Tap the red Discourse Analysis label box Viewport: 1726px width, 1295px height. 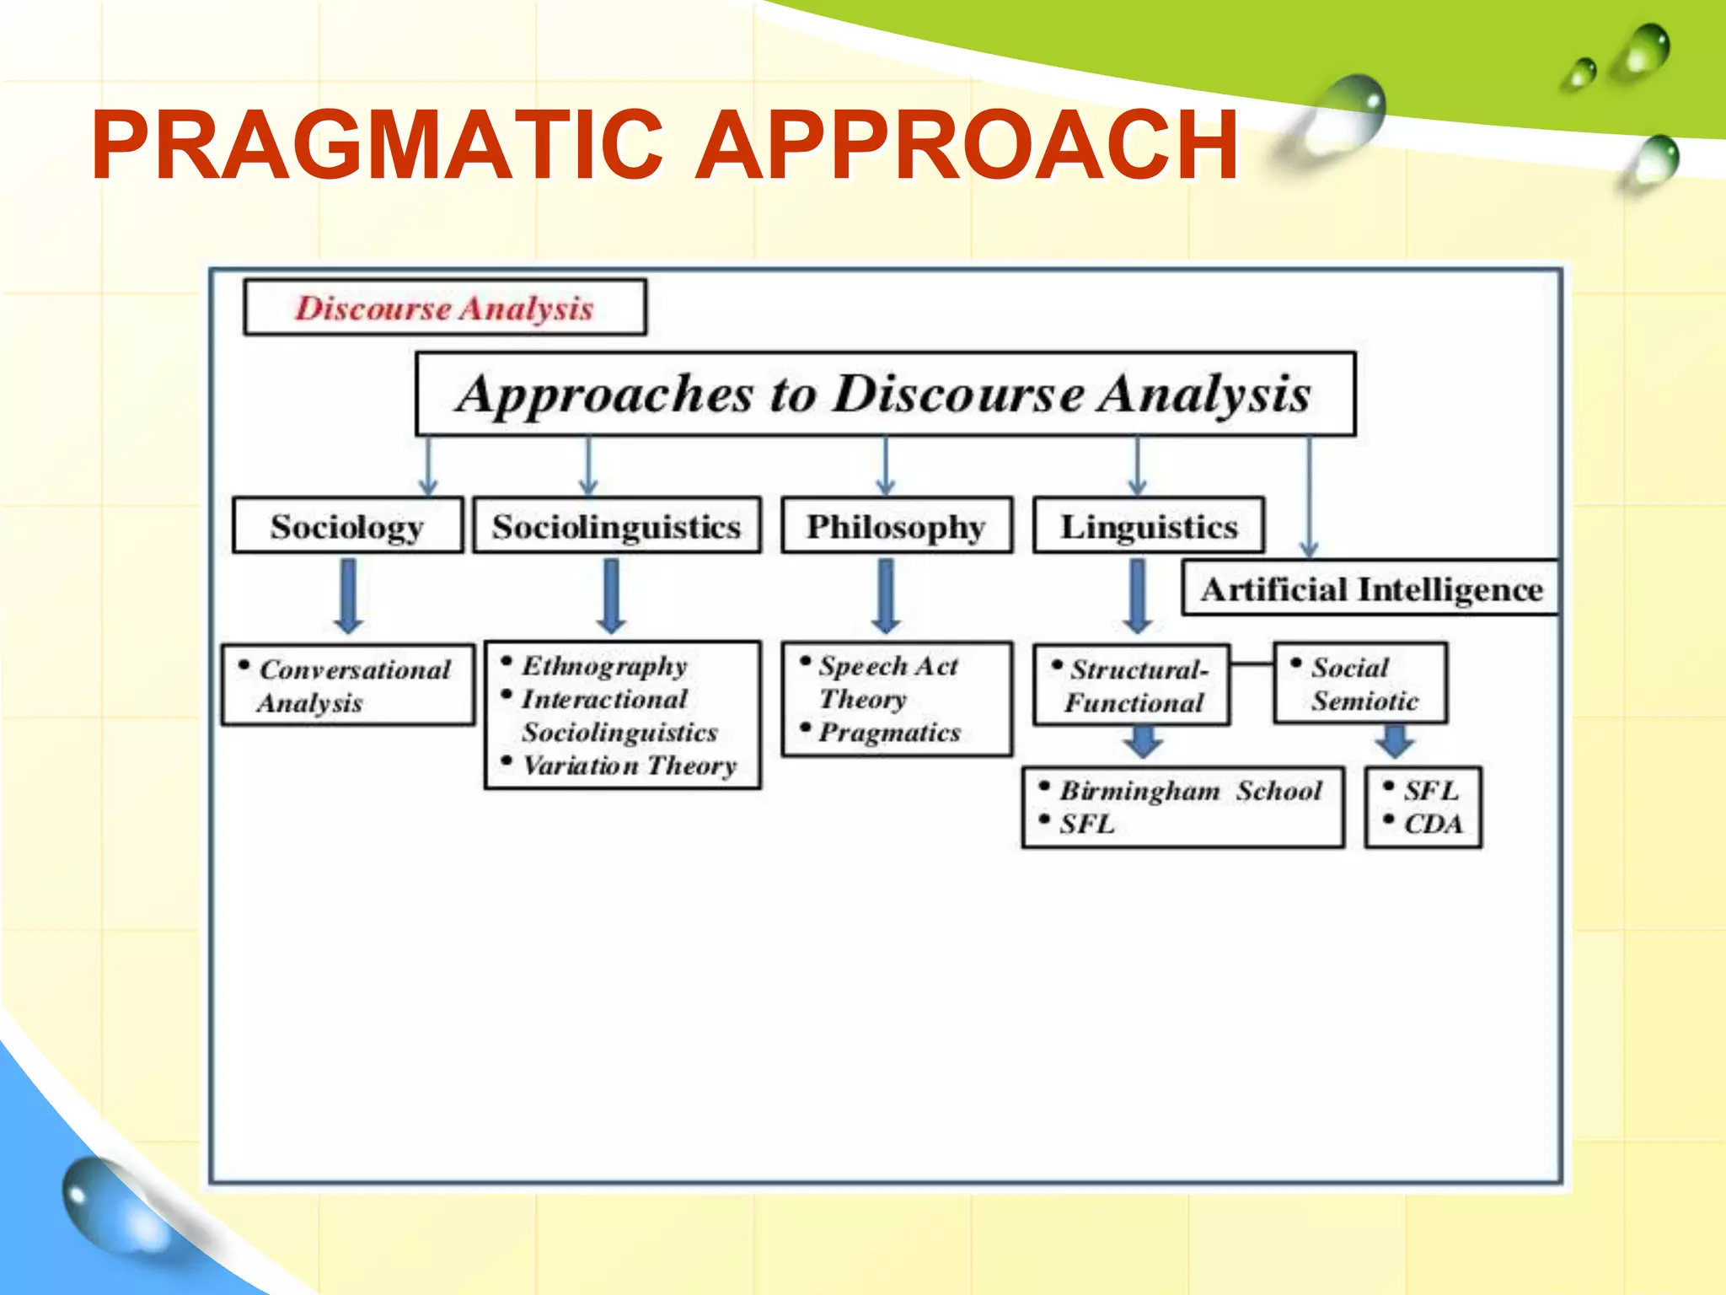click(x=445, y=308)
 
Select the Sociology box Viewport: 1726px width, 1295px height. click(x=347, y=526)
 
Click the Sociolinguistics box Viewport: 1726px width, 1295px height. click(x=616, y=526)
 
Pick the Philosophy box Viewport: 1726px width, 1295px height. click(x=896, y=526)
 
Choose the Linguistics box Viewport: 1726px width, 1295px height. click(x=1148, y=526)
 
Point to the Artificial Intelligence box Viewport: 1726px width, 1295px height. click(x=1371, y=588)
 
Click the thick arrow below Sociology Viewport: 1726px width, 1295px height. click(x=348, y=595)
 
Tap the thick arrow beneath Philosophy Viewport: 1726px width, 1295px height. click(x=885, y=595)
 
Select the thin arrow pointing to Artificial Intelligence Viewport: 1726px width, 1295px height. click(x=1309, y=497)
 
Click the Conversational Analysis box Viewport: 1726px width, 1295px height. click(x=348, y=685)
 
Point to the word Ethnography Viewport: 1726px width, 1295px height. click(x=604, y=665)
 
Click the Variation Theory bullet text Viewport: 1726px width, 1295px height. click(x=630, y=766)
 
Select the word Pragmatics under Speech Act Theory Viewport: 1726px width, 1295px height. click(x=889, y=732)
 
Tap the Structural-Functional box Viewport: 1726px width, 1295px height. click(x=1132, y=685)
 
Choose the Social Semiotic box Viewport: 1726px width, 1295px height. click(x=1360, y=684)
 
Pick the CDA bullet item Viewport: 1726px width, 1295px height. click(x=1433, y=824)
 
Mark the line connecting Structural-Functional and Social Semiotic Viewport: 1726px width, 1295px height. click(x=1252, y=664)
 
